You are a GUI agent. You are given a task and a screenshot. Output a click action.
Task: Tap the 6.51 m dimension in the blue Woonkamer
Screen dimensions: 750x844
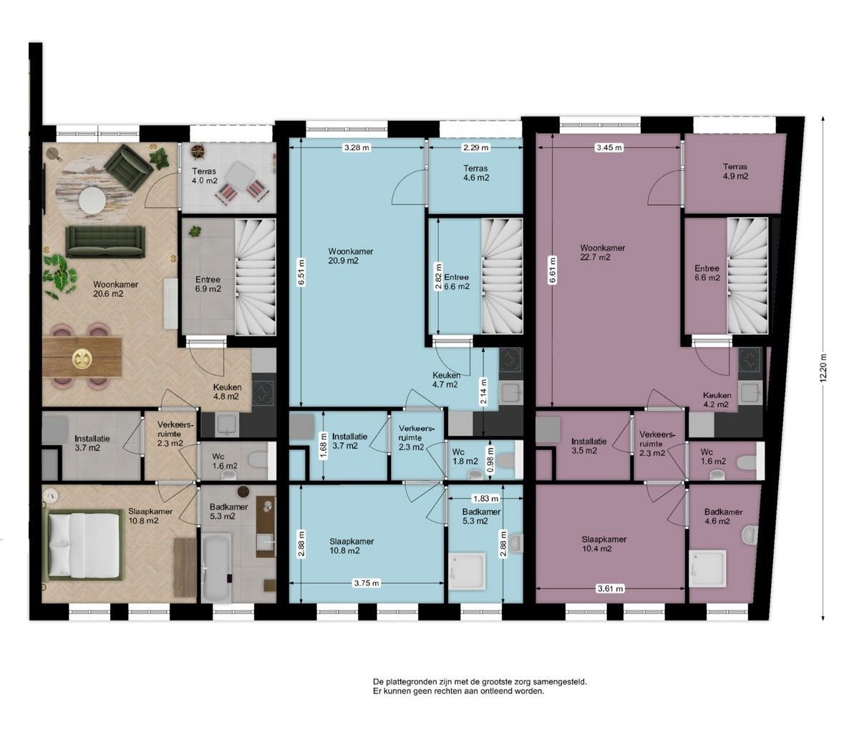(x=301, y=272)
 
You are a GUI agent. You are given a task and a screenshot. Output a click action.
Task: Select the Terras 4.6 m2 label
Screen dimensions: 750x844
(x=475, y=173)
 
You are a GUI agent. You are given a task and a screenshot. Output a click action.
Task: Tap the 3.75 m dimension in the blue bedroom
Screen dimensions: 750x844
(x=367, y=583)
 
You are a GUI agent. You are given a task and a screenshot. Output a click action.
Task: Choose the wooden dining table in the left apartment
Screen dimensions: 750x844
(x=82, y=356)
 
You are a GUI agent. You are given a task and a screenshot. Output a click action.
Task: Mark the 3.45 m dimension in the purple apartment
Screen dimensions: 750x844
(x=608, y=147)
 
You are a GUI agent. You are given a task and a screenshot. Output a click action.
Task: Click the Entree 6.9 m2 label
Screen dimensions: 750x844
(x=208, y=285)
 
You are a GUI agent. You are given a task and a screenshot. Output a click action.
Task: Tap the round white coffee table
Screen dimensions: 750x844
(x=94, y=200)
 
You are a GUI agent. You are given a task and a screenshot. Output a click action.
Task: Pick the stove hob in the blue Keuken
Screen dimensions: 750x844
(x=511, y=360)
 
